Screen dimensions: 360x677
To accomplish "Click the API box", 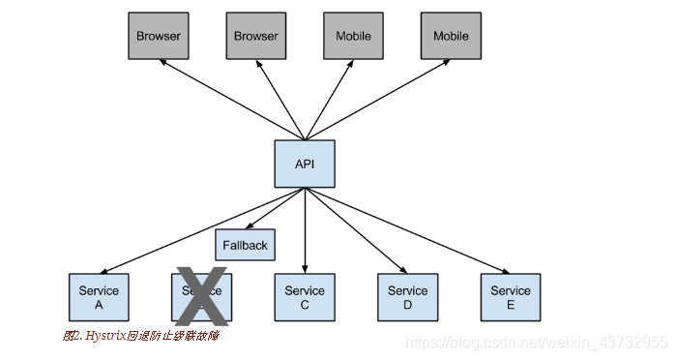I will pyautogui.click(x=305, y=164).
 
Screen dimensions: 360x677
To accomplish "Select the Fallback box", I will pyautogui.click(x=245, y=245).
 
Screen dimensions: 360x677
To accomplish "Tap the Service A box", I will pyautogui.click(x=99, y=297).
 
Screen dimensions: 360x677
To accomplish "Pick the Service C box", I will pyautogui.click(x=305, y=297).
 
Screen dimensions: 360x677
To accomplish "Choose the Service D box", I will pyautogui.click(x=407, y=297).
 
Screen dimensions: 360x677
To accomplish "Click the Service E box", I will pyautogui.click(x=510, y=297).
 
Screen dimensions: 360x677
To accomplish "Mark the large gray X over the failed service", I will pyautogui.click(x=201, y=296).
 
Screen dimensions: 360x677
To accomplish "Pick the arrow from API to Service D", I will pyautogui.click(x=358, y=233).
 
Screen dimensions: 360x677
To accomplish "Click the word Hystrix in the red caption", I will pyautogui.click(x=105, y=336).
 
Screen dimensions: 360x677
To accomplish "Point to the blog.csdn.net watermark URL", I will pyautogui.click(x=536, y=343).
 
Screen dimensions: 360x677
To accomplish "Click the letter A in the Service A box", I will pyautogui.click(x=99, y=304).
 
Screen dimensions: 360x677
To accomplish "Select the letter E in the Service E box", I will pyautogui.click(x=510, y=304).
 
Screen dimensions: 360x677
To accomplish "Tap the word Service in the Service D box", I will pyautogui.click(x=407, y=290).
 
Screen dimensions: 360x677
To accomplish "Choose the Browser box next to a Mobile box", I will pyautogui.click(x=255, y=36).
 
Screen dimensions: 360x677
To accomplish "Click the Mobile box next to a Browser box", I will pyautogui.click(x=353, y=36).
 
